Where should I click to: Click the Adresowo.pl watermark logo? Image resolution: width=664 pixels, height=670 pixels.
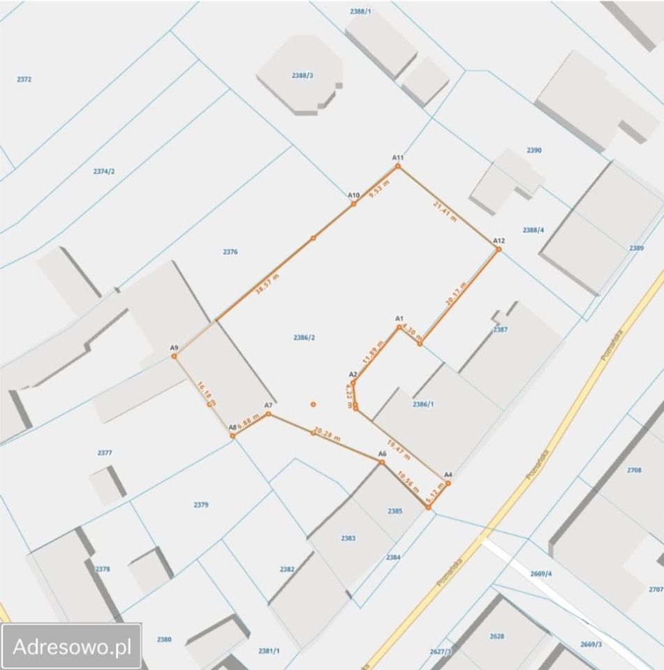pos(73,646)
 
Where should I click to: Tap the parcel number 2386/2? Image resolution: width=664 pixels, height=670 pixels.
pos(304,338)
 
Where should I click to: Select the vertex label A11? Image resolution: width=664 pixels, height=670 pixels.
pos(398,158)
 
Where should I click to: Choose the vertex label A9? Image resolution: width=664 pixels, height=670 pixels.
pos(174,348)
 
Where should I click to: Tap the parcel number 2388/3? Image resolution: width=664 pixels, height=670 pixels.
pos(302,75)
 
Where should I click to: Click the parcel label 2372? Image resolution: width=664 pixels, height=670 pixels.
pos(24,80)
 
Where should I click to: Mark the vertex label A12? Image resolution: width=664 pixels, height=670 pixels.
pos(499,241)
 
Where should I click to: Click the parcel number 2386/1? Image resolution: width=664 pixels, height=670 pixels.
pos(423,404)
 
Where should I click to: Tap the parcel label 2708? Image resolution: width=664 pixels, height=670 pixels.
pos(634,470)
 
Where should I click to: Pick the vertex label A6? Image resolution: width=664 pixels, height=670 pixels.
pos(382,454)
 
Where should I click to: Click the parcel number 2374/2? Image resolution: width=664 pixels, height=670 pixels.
pos(103,171)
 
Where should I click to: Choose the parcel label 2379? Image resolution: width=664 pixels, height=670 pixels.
pos(200,504)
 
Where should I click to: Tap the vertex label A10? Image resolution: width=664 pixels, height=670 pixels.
pos(353,195)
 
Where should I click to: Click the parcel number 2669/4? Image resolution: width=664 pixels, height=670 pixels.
pos(540,574)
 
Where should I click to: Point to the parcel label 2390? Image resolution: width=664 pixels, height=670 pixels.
pos(534,150)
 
